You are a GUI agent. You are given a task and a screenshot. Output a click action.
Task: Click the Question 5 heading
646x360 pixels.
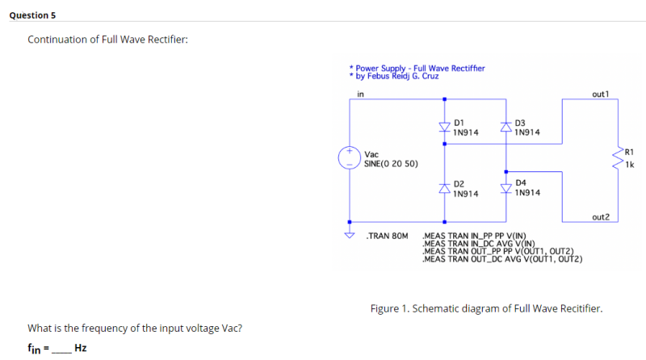pyautogui.click(x=33, y=15)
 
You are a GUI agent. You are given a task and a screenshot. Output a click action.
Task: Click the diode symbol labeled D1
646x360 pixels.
pyautogui.click(x=444, y=127)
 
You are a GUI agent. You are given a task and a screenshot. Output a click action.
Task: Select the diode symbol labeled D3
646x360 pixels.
pyautogui.click(x=505, y=127)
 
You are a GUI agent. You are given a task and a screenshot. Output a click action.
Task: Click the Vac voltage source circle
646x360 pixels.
pyautogui.click(x=350, y=157)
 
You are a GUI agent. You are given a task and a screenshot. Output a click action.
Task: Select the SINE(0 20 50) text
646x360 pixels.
pyautogui.click(x=391, y=164)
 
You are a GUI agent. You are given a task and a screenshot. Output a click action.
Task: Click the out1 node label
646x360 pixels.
pyautogui.click(x=600, y=94)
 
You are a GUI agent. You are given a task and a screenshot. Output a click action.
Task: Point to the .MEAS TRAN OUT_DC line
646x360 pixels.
pyautogui.click(x=504, y=259)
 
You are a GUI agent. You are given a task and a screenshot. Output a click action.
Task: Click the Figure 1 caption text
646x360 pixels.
pyautogui.click(x=486, y=308)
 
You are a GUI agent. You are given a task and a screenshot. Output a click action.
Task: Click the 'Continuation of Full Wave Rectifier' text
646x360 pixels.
pyautogui.click(x=107, y=40)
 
